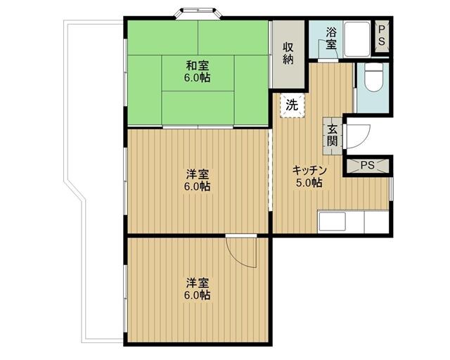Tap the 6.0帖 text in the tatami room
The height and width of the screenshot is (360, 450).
(198, 78)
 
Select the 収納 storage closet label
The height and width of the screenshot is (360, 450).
(288, 53)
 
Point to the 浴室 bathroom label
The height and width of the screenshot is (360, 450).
(330, 38)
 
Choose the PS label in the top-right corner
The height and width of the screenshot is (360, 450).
(382, 37)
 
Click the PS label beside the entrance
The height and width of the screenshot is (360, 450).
(367, 166)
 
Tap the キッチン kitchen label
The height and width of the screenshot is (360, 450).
(308, 171)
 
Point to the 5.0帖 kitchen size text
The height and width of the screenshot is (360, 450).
(308, 184)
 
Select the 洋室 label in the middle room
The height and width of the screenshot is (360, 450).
(198, 174)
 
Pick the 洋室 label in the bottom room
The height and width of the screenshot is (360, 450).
(198, 283)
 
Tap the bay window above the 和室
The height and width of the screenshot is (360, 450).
(198, 12)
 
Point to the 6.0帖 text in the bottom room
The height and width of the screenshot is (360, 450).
(198, 295)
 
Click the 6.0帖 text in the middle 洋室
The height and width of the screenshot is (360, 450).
(198, 187)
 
